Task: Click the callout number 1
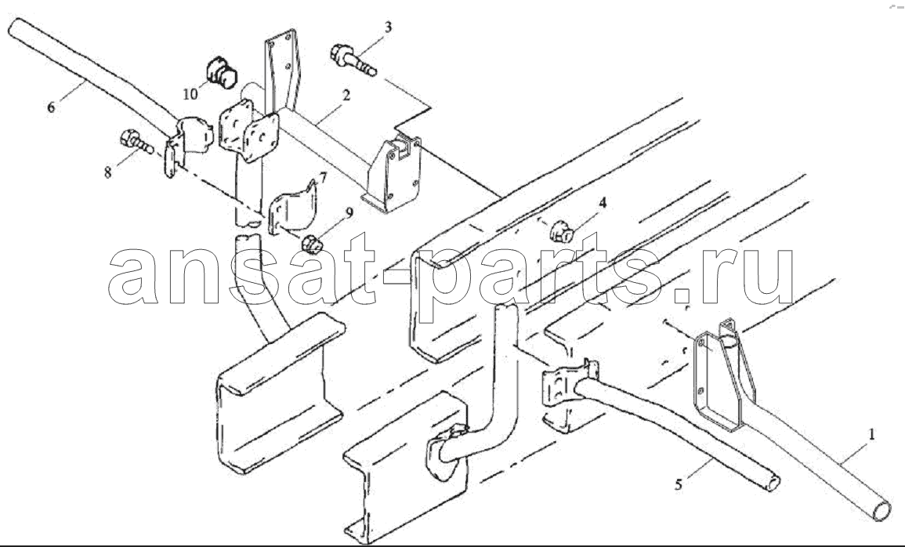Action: (x=871, y=434)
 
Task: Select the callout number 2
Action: (x=346, y=95)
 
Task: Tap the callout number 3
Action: (x=389, y=27)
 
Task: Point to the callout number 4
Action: (x=603, y=202)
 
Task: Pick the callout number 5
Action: (x=679, y=484)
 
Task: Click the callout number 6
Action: (x=52, y=107)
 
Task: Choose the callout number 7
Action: (x=323, y=178)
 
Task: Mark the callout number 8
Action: (x=108, y=172)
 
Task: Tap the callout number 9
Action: (x=349, y=214)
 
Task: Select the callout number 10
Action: (x=191, y=93)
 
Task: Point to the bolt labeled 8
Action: (x=136, y=142)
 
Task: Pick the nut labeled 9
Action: (x=313, y=244)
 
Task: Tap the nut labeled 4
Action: (x=561, y=233)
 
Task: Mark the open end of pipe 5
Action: (x=773, y=483)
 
